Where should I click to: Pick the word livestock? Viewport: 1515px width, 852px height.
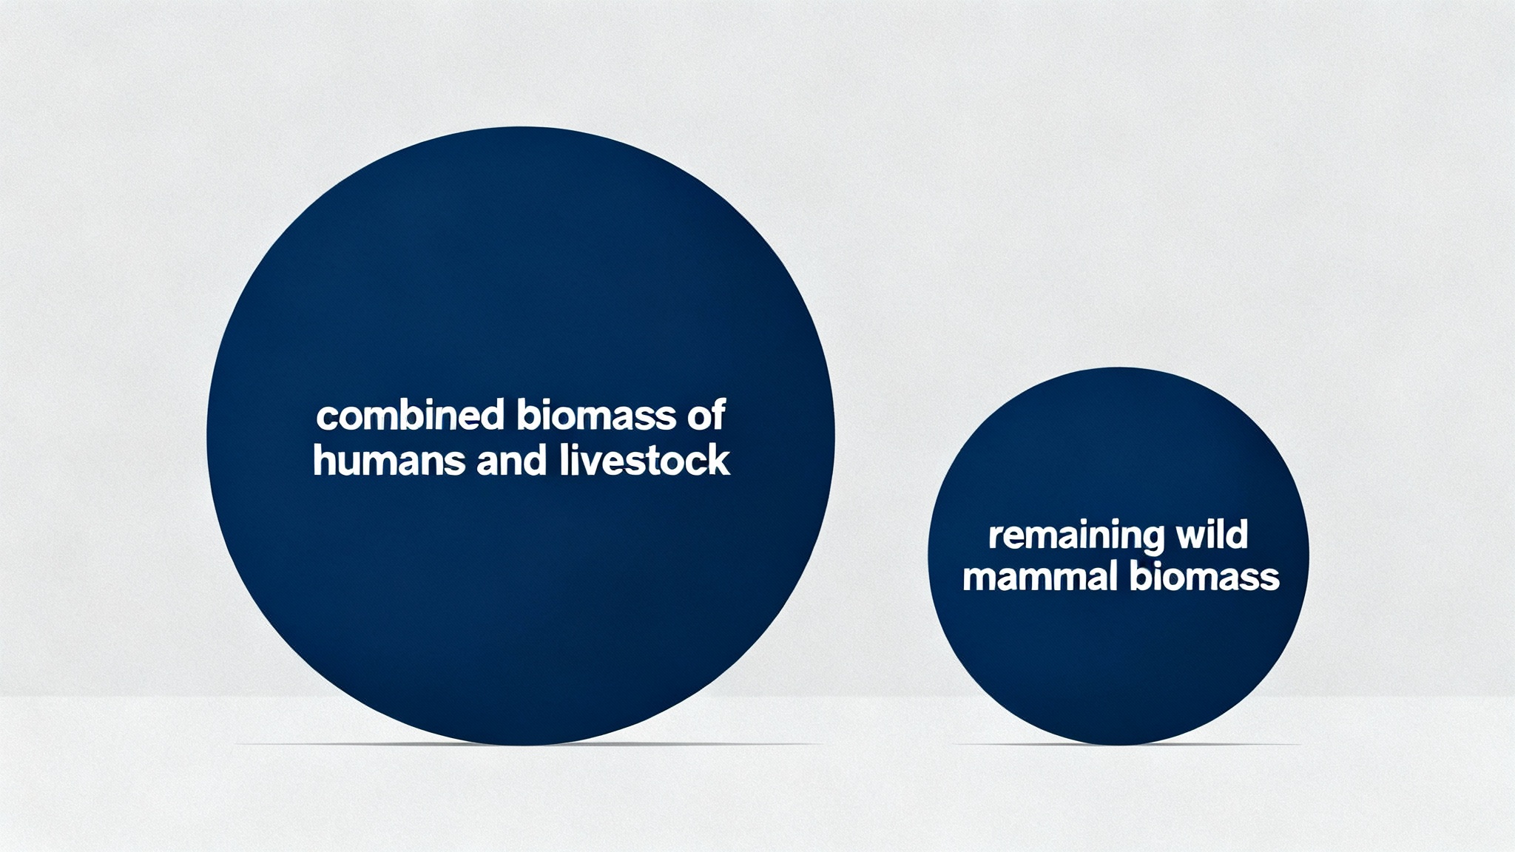pos(644,460)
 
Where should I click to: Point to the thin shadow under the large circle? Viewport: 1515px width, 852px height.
pos(529,744)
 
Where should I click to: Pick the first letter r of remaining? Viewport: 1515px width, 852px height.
pos(996,538)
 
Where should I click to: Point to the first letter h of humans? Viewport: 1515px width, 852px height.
pos(325,460)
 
